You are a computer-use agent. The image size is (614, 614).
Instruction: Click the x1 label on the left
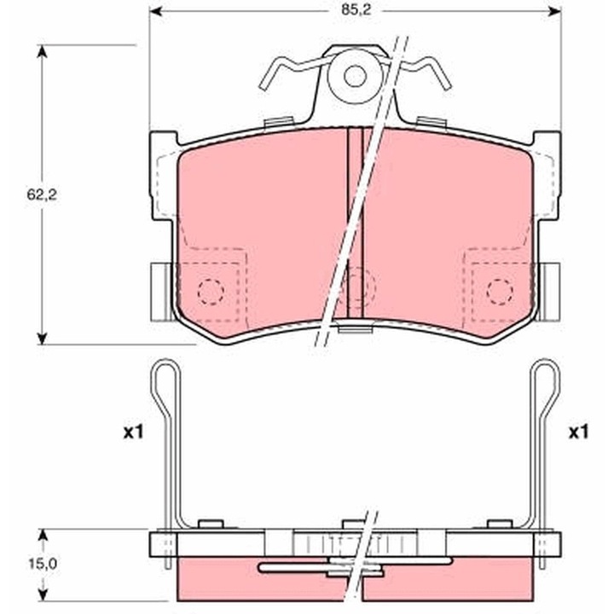(130, 432)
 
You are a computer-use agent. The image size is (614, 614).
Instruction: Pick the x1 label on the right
(579, 432)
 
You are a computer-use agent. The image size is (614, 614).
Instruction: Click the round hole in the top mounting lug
(354, 76)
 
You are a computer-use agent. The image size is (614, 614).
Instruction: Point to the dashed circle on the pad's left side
(211, 291)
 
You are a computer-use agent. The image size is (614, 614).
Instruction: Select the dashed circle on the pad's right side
(500, 291)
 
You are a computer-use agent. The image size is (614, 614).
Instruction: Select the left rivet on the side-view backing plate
(209, 524)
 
